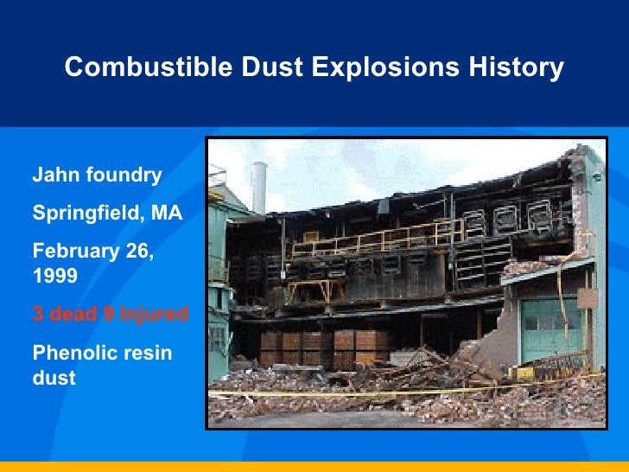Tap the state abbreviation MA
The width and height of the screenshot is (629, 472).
166,213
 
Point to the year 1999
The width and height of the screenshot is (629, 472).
54,276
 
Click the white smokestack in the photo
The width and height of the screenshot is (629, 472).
258,187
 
